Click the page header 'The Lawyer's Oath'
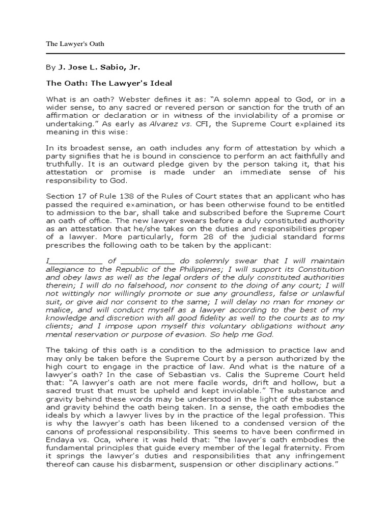(75, 43)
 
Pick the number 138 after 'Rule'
(121, 196)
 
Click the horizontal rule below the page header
(195, 53)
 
